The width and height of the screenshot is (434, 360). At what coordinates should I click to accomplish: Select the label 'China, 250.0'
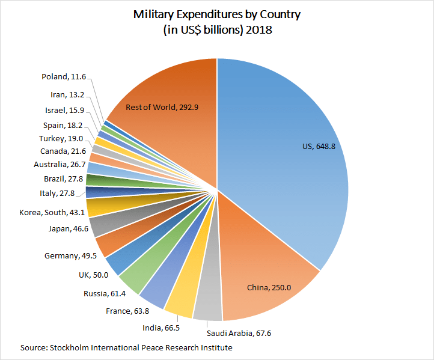[269, 288]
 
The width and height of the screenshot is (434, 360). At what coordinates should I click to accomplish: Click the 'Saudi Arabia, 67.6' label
[235, 333]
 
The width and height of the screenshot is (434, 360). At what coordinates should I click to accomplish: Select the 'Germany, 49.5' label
[70, 256]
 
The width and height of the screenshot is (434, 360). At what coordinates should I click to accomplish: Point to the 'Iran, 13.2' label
[68, 95]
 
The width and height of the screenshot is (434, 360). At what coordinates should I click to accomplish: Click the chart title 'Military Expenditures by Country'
[217, 15]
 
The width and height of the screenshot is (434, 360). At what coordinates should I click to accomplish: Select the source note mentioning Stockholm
[126, 348]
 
